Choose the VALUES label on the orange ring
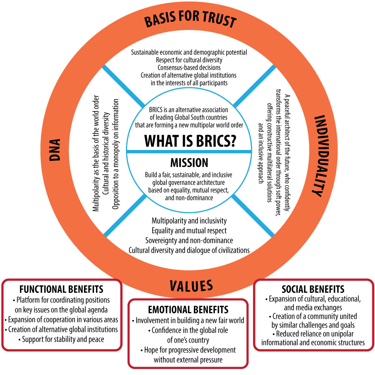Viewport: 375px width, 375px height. pyautogui.click(x=191, y=286)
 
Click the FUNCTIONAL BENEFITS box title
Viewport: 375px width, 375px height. pyautogui.click(x=61, y=290)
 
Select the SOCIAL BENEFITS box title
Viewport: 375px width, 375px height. pyautogui.click(x=313, y=289)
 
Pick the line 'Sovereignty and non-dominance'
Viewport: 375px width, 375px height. pyautogui.click(x=189, y=240)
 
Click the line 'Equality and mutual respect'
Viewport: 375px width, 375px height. pyautogui.click(x=189, y=230)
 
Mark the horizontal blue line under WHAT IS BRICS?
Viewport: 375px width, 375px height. pyautogui.click(x=189, y=151)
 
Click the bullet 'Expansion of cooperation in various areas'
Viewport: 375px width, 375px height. pyautogui.click(x=61, y=319)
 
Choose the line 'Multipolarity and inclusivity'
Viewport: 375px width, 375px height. pyautogui.click(x=189, y=220)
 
